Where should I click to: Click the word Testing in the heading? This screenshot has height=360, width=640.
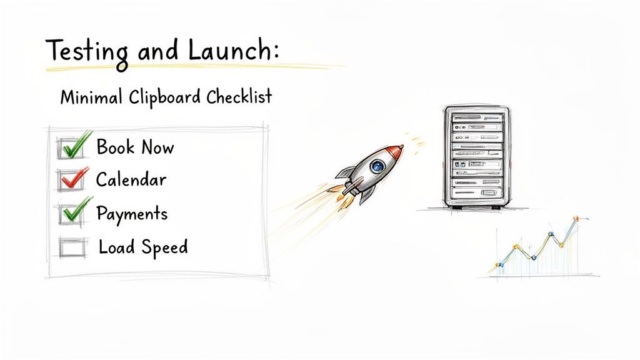(84, 51)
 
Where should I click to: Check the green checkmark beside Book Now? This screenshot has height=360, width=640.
(74, 145)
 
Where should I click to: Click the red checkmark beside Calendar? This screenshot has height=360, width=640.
(74, 179)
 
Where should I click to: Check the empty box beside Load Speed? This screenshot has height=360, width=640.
(73, 247)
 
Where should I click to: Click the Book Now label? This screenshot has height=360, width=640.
(135, 147)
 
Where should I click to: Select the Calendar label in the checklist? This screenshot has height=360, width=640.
(131, 180)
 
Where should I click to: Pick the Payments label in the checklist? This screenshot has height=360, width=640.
(132, 214)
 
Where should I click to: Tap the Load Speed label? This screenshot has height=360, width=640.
(143, 247)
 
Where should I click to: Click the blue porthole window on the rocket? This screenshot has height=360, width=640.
(377, 166)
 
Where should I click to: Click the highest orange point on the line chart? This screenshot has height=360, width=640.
(577, 218)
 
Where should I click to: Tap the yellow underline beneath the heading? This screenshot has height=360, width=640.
(194, 66)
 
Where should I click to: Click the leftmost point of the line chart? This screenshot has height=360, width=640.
(498, 265)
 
